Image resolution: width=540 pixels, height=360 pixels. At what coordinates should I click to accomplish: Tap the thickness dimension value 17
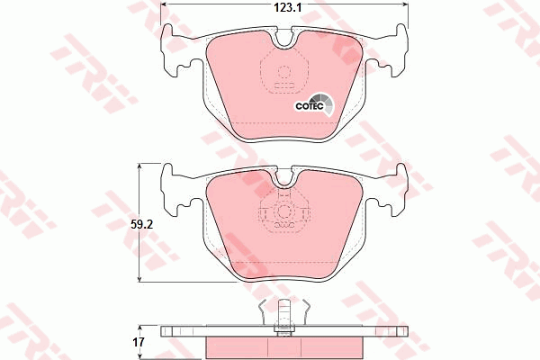point(139,341)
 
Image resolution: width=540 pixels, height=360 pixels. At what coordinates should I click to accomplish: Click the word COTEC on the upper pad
point(310,104)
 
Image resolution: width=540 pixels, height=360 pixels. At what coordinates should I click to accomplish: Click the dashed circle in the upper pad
point(284,74)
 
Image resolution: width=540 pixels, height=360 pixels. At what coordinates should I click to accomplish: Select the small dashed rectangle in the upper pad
point(284,86)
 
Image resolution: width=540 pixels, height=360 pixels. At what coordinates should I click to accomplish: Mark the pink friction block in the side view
point(284,347)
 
